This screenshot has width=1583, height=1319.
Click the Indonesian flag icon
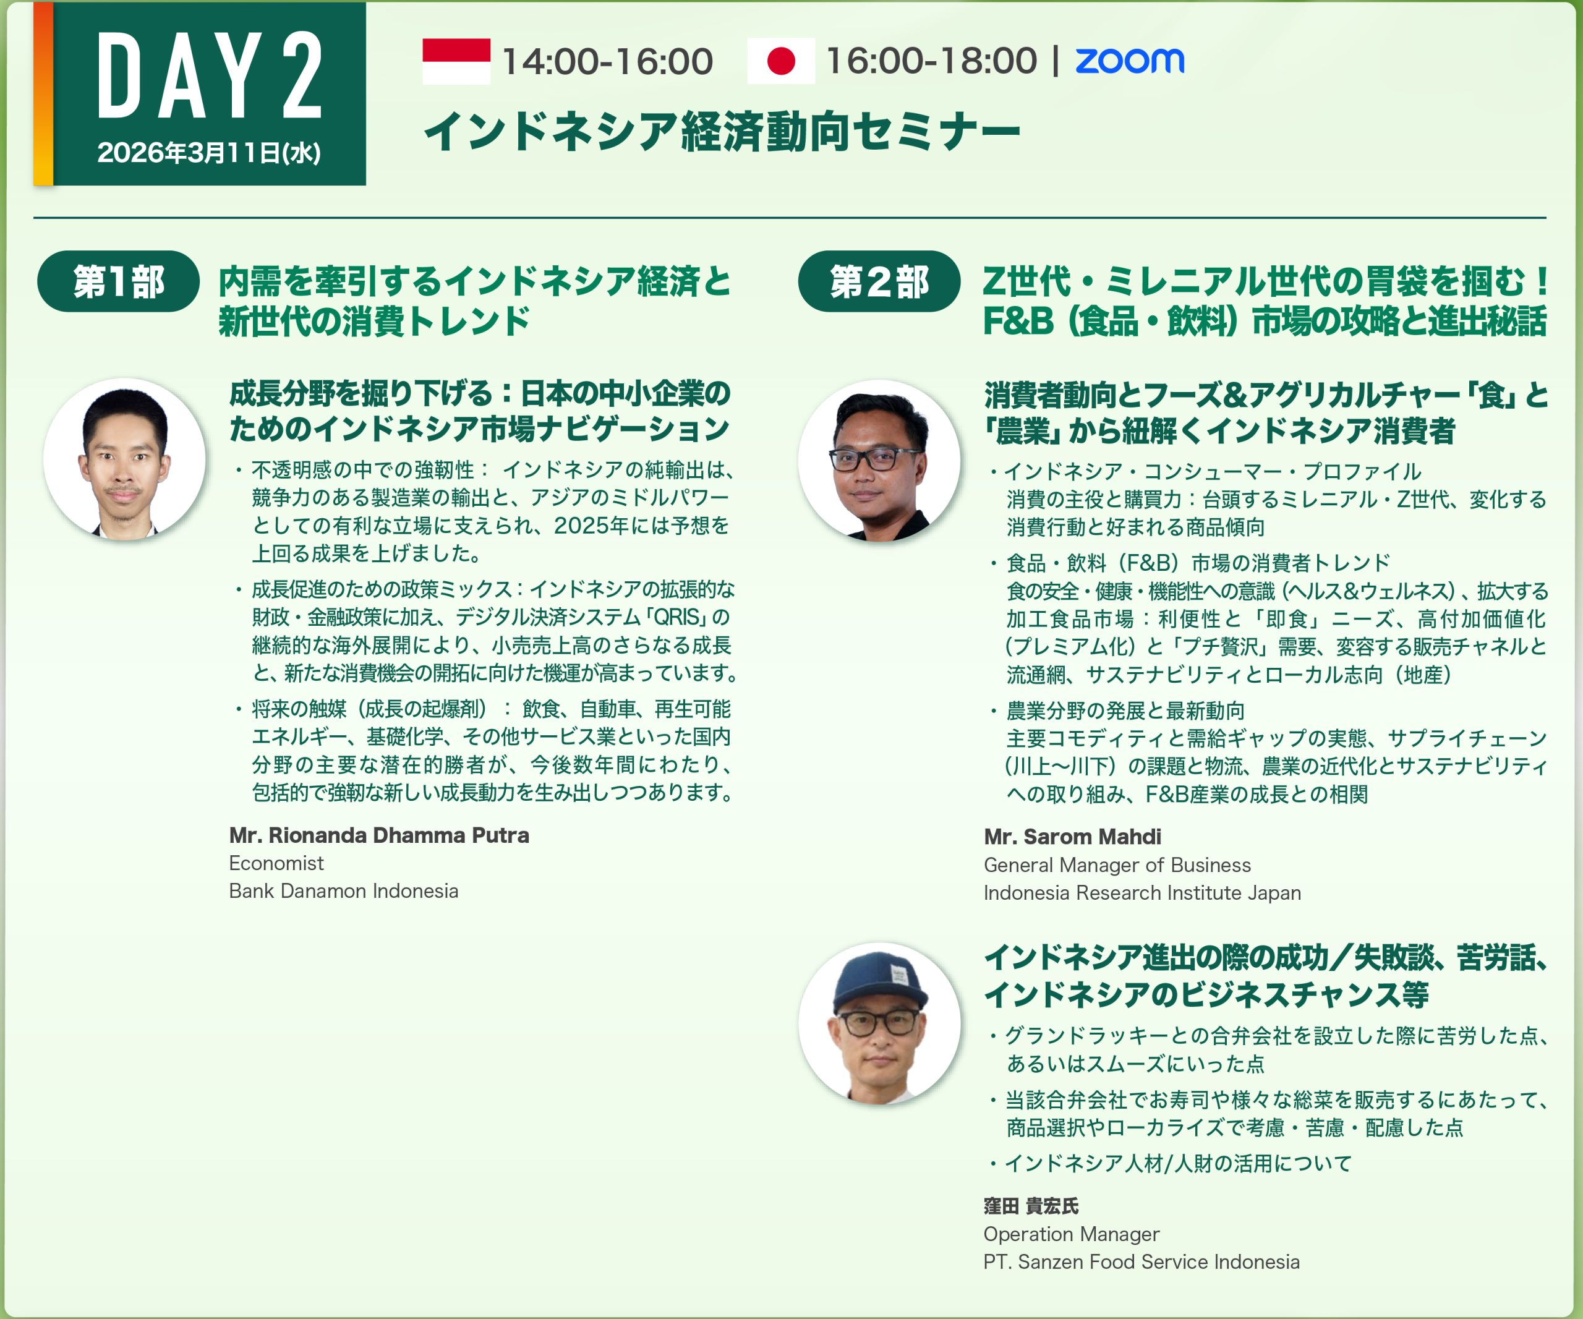point(456,61)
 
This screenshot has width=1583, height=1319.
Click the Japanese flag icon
point(781,61)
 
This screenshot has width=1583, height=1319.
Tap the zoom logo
point(1129,61)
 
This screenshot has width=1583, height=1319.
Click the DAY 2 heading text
point(210,76)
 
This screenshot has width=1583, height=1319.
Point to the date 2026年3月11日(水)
point(209,153)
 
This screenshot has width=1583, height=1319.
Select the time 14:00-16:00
point(607,62)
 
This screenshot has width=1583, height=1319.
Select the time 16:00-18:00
point(932,61)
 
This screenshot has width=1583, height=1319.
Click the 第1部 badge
point(118,281)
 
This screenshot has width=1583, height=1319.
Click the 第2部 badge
point(879,281)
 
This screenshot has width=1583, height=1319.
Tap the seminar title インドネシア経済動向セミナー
point(722,131)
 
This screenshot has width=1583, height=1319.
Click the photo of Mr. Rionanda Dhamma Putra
point(124,459)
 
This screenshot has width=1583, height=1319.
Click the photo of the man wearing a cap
point(880,1023)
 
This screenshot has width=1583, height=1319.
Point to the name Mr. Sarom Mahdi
point(1072,837)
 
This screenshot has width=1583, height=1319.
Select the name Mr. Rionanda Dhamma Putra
point(379,835)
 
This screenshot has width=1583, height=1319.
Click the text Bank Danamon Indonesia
point(344,891)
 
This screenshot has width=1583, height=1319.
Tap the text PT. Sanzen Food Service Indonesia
point(1141,1261)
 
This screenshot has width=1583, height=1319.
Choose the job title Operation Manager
point(1071,1234)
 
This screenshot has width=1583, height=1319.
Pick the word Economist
point(276,863)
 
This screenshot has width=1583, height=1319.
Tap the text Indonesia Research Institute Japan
point(1142,892)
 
